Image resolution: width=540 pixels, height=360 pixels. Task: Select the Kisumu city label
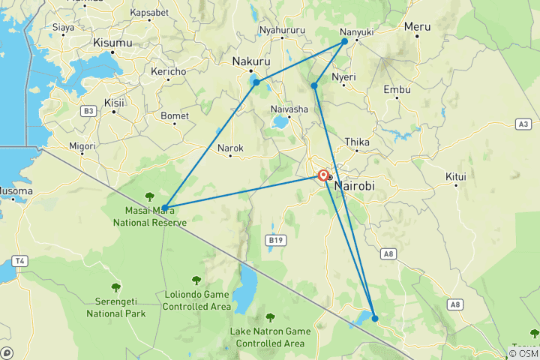pyautogui.click(x=112, y=43)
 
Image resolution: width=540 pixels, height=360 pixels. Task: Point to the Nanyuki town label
pyautogui.click(x=356, y=32)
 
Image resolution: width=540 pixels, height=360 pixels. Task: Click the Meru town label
pyautogui.click(x=417, y=26)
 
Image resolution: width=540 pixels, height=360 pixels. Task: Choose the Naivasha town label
pyautogui.click(x=289, y=109)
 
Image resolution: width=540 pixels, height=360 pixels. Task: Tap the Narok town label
pyautogui.click(x=230, y=148)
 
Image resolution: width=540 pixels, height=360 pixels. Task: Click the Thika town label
pyautogui.click(x=356, y=142)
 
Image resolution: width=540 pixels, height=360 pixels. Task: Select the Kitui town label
pyautogui.click(x=456, y=177)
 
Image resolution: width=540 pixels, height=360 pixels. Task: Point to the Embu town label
pyautogui.click(x=397, y=89)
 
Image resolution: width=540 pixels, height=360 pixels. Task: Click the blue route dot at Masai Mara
pyautogui.click(x=164, y=207)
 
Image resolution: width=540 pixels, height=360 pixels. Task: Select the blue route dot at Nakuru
pyautogui.click(x=256, y=82)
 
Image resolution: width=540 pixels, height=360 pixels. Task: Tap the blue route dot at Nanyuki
pyautogui.click(x=345, y=41)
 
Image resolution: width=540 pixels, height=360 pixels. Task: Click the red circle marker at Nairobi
pyautogui.click(x=323, y=176)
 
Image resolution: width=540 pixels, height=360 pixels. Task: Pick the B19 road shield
pyautogui.click(x=274, y=240)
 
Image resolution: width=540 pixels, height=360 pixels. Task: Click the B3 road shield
pyautogui.click(x=88, y=111)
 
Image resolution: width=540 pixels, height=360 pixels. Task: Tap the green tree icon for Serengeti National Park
pyautogui.click(x=115, y=287)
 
